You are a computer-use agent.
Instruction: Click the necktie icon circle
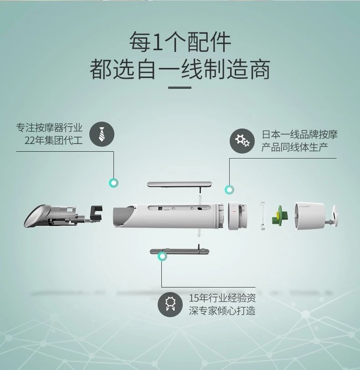pos(102,134)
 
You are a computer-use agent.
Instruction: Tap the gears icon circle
pos(242,141)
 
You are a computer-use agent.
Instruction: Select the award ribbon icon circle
pos(170,304)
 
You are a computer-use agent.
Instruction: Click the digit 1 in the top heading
pos(157,42)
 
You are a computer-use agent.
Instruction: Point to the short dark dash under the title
pos(180,87)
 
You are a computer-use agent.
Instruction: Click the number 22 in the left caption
pos(30,141)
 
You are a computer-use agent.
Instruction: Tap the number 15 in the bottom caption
pos(194,298)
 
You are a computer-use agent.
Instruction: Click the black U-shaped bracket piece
pos(97,213)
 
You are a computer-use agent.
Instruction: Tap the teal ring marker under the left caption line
pos(113,183)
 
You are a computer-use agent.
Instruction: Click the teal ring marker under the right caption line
pos(229,190)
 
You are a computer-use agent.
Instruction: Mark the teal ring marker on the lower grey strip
pos(162,256)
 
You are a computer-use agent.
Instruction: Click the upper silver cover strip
pos(180,184)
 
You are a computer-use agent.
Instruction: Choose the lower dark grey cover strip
pos(180,251)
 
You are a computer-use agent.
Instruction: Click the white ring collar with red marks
pos(237,216)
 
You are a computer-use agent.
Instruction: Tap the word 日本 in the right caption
pos(271,134)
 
